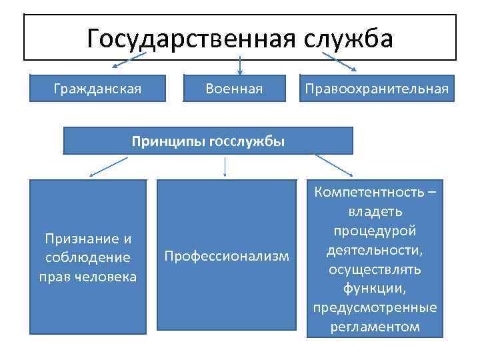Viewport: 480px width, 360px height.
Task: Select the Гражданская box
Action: pyautogui.click(x=97, y=88)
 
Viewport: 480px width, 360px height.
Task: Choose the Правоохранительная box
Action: pyautogui.click(x=375, y=88)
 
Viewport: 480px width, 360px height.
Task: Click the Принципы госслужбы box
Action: pyautogui.click(x=208, y=141)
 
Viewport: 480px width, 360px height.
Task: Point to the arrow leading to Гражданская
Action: pyautogui.click(x=130, y=62)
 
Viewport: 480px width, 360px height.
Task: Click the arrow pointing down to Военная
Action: pyautogui.click(x=239, y=64)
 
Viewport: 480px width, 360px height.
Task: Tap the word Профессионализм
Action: pyautogui.click(x=227, y=256)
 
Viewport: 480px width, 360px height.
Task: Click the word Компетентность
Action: pyautogui.click(x=370, y=193)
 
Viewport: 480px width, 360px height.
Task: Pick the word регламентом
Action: pyautogui.click(x=375, y=327)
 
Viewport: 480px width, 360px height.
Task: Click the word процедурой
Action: pyautogui.click(x=375, y=231)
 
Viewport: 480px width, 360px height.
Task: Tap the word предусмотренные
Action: pyautogui.click(x=375, y=307)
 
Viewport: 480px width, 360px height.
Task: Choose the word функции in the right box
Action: pyautogui.click(x=374, y=288)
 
